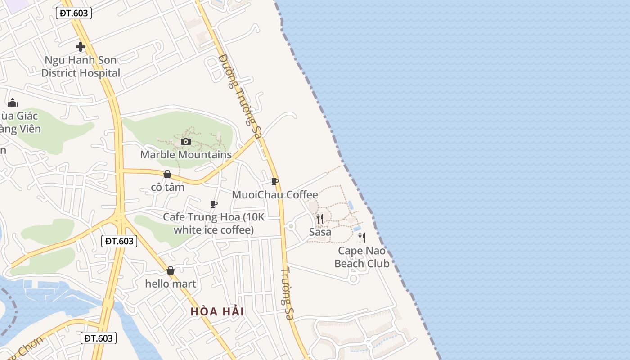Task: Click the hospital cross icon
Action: [x=81, y=46]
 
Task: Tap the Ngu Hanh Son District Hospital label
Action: [x=81, y=67]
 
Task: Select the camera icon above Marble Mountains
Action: [x=185, y=141]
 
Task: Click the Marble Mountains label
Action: [x=186, y=155]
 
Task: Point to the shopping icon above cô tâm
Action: [x=167, y=174]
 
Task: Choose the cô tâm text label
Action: [x=167, y=187]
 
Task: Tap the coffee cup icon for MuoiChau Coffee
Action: [x=275, y=182]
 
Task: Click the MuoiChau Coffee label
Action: [x=275, y=195]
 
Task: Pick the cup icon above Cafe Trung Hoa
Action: [x=214, y=204]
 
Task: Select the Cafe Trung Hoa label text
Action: [x=214, y=223]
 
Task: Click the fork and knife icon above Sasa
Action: [x=320, y=219]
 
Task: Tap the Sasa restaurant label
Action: [x=320, y=232]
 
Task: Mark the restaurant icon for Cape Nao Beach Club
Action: [x=362, y=238]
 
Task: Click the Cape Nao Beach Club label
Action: [x=362, y=257]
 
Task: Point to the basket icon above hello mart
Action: [x=171, y=270]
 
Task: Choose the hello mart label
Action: [x=171, y=284]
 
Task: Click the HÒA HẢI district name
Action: [x=217, y=311]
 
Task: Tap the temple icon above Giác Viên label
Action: [x=13, y=103]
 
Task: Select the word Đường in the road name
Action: [x=228, y=70]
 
